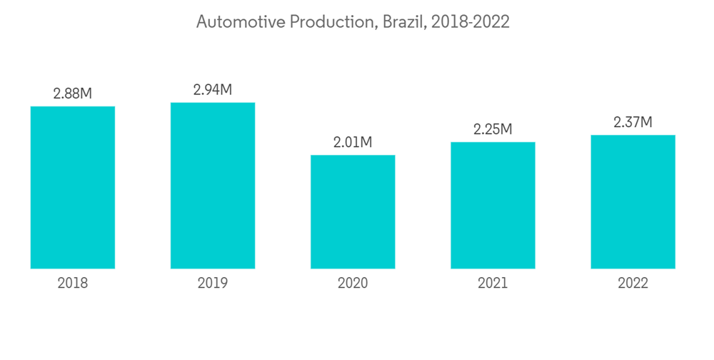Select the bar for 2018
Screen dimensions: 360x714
point(73,187)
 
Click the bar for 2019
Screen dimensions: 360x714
point(213,186)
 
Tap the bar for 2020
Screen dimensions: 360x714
point(353,211)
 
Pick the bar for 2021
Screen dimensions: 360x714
point(493,205)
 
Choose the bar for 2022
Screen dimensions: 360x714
point(633,201)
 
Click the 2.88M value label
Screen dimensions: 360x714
point(73,94)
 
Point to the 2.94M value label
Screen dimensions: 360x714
point(213,90)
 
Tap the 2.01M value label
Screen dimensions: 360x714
point(353,142)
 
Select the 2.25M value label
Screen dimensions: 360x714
point(493,129)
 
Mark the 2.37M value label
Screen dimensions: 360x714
point(633,122)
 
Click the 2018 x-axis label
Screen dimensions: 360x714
point(73,284)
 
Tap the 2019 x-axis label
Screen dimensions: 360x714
point(213,284)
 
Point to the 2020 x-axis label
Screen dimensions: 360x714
point(353,284)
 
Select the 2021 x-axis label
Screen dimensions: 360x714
point(493,284)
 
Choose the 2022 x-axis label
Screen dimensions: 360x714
point(633,284)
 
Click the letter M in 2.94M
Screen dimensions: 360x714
point(225,90)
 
